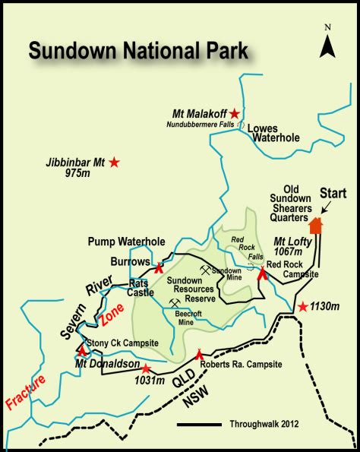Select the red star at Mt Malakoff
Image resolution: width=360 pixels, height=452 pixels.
(235, 113)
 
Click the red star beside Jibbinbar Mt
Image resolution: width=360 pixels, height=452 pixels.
(114, 162)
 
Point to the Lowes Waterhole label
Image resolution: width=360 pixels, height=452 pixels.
(274, 134)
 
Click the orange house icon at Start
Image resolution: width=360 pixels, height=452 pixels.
(315, 225)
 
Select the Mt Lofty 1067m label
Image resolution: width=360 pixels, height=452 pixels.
(291, 246)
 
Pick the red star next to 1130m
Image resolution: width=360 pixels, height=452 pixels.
(302, 307)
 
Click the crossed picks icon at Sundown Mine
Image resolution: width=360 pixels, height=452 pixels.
(205, 269)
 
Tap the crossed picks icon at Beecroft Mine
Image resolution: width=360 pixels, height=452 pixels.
(176, 302)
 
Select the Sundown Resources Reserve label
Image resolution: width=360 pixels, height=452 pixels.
(191, 289)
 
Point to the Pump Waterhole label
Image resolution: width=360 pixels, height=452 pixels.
(126, 242)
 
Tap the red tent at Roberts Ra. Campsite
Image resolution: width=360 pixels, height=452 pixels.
(200, 352)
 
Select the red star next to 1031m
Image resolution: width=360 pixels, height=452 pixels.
(147, 368)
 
